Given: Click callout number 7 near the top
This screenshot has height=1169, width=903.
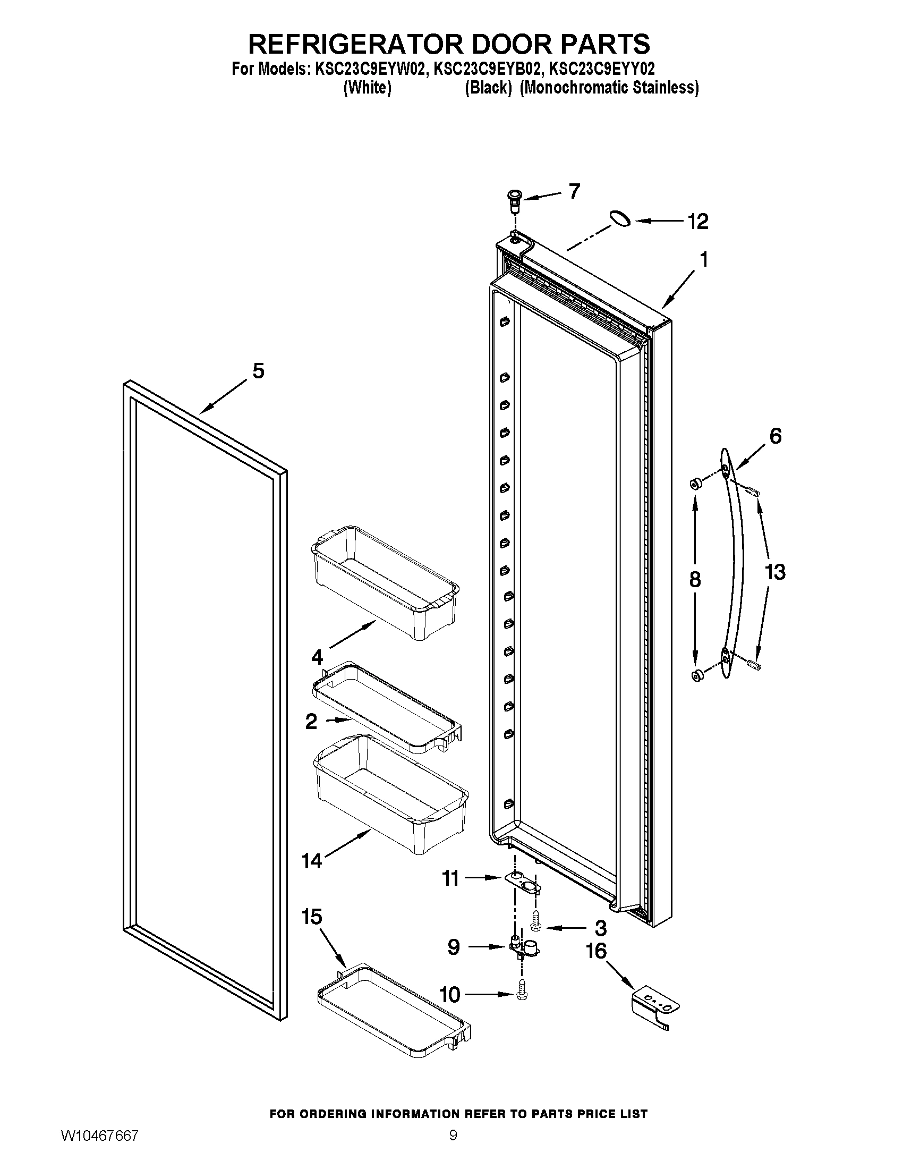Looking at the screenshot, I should (574, 191).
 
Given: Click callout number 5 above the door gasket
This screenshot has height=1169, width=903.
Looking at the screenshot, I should (258, 371).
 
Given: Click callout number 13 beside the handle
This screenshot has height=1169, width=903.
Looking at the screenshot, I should (775, 572).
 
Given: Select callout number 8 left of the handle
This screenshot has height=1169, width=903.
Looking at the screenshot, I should (695, 579).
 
